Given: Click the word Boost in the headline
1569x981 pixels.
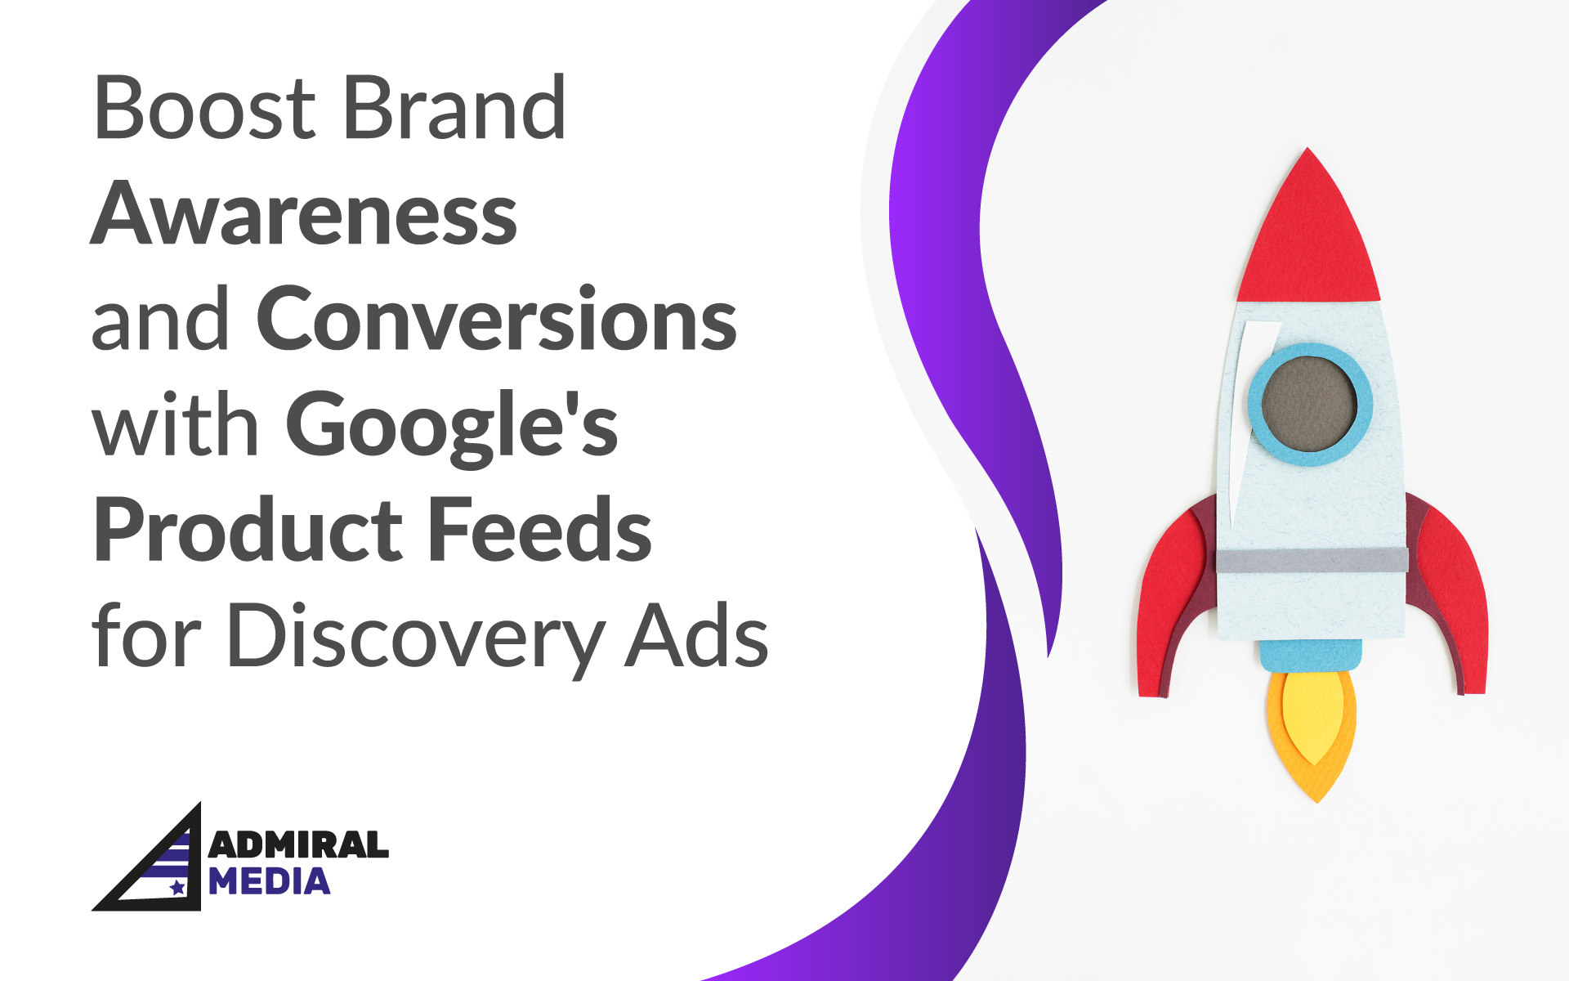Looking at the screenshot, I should point(204,108).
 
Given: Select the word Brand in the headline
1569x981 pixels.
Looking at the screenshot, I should point(454,108).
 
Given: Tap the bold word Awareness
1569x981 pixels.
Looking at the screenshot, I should point(304,214).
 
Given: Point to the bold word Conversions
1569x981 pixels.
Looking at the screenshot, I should point(497,320).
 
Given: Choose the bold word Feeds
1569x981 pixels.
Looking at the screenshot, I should point(539,531).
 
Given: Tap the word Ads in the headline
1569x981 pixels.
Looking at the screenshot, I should point(697,637).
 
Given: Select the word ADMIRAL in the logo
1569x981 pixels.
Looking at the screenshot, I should point(298,845).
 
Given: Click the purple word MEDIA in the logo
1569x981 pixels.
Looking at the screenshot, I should point(270,882).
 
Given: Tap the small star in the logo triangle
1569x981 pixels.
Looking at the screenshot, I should point(177,887).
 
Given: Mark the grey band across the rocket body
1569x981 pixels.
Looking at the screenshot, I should point(1312,561).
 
